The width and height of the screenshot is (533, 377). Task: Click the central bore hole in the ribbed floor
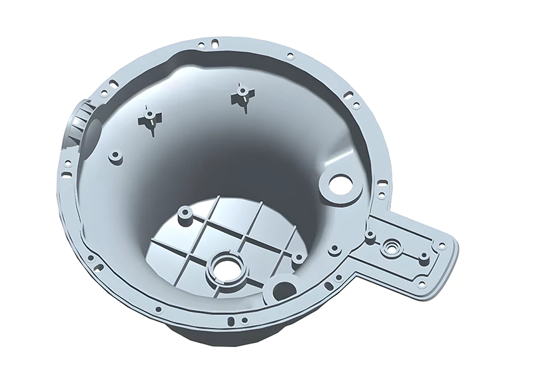pos(227,270)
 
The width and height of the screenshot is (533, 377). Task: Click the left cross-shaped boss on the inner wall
pos(151,120)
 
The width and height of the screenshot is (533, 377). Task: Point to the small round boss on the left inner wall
pos(115,157)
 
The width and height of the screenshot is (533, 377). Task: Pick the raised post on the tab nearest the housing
pos(368,234)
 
